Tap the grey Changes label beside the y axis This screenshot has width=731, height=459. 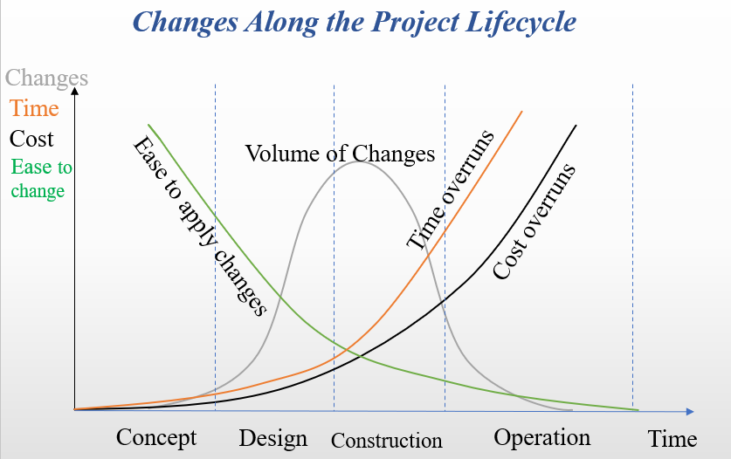point(46,79)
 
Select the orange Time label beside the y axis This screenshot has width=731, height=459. point(34,108)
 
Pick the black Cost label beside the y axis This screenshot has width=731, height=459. point(31,139)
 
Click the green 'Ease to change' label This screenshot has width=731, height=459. point(42,179)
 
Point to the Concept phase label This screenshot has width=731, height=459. point(156,438)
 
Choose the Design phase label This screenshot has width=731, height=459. point(273,439)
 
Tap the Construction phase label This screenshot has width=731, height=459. point(387,441)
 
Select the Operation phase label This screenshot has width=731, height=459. point(542,438)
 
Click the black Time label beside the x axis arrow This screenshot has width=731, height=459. point(672,439)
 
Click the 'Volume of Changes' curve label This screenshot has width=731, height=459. point(341,154)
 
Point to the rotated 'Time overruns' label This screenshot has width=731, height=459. point(450,190)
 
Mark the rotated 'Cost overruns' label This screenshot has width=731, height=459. point(534,222)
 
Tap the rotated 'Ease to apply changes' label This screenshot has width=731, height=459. point(199,227)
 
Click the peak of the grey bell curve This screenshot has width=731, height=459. point(358,161)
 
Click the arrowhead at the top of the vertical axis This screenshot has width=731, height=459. point(74,90)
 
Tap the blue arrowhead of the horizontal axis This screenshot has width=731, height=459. point(691,412)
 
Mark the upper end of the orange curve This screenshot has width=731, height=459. point(521,112)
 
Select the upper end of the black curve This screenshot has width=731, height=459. point(576,126)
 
